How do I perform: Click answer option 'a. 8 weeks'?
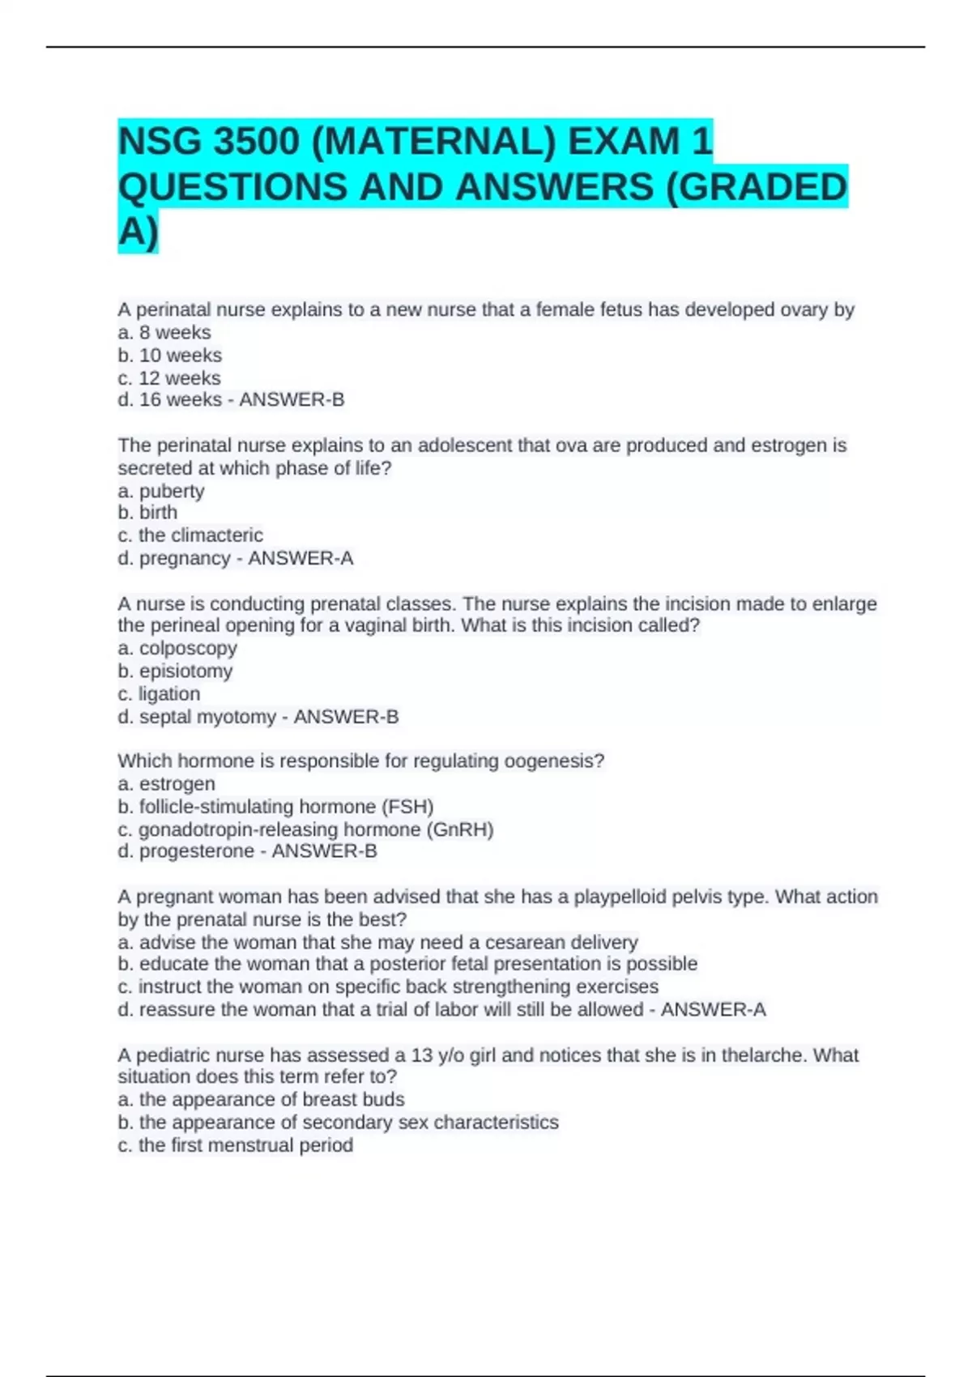[164, 332]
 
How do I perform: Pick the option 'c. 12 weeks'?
[169, 377]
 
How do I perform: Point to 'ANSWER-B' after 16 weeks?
[292, 399]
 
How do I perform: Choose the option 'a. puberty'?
[161, 491]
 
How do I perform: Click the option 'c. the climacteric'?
[190, 535]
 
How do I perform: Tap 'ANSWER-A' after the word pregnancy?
[301, 558]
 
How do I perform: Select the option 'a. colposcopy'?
[177, 648]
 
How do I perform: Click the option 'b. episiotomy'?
[175, 671]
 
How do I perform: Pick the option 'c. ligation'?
[159, 693]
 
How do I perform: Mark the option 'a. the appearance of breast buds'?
[261, 1099]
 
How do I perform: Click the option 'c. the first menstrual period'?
[235, 1145]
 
